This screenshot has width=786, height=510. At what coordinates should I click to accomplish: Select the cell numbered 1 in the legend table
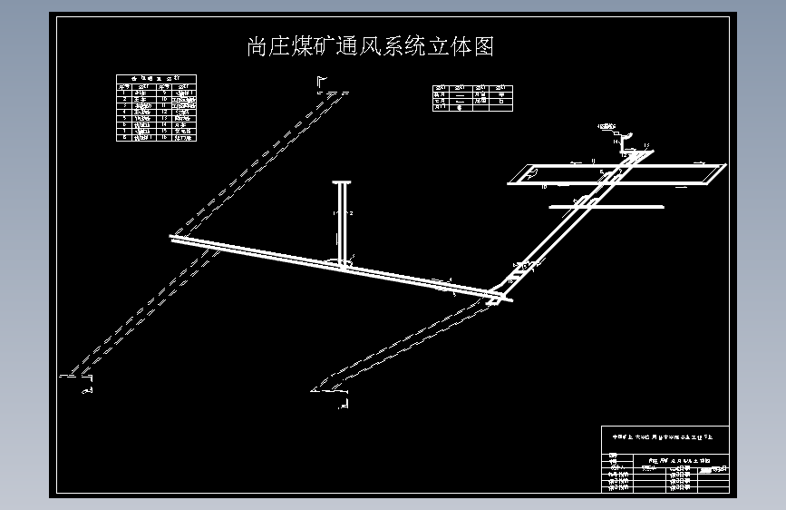click(124, 92)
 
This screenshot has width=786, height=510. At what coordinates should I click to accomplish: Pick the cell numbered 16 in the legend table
click(162, 137)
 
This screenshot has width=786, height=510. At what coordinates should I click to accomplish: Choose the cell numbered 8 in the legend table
click(124, 137)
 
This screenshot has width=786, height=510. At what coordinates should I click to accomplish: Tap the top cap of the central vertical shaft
click(344, 182)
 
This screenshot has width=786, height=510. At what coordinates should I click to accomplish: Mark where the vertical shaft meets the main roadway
click(344, 263)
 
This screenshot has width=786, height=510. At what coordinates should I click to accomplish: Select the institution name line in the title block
click(666, 437)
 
